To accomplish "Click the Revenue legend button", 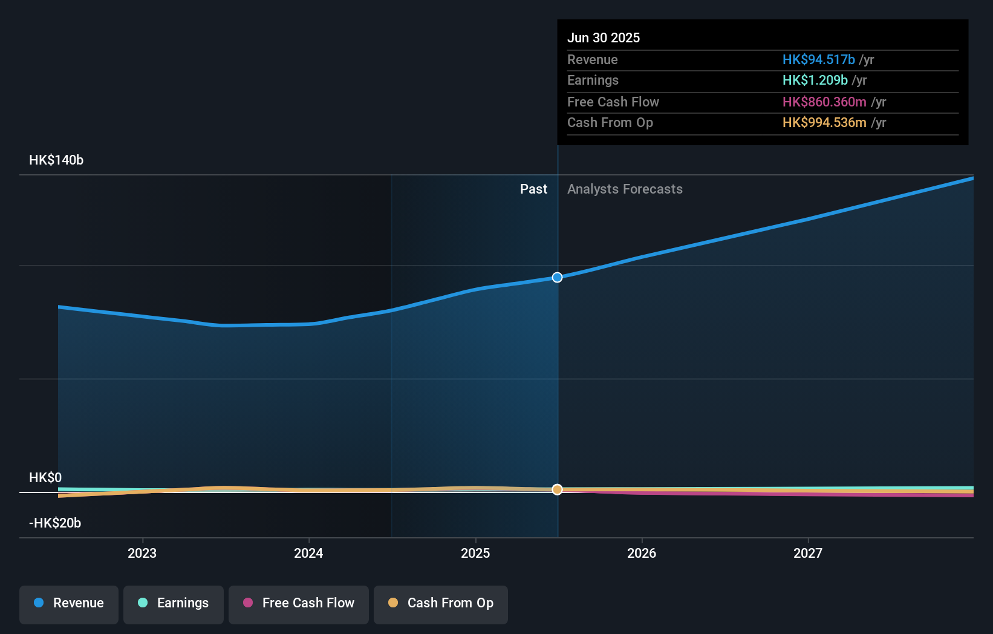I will point(69,604).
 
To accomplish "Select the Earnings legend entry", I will point(174,604).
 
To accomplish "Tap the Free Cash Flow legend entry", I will point(299,604).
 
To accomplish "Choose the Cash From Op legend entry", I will point(441,604).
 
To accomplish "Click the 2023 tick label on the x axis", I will point(142,553).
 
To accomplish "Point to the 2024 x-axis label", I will point(308,553).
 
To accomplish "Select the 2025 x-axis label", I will point(475,553).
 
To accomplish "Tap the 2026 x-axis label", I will point(642,553).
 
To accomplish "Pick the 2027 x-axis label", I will point(808,553).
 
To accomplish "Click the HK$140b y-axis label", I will point(56,160).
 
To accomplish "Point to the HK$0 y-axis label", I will point(45,478).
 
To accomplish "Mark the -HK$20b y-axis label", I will point(55,523).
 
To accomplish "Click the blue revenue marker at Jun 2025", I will point(558,278).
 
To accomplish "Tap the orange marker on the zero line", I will point(558,489).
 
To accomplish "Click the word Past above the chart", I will point(533,189).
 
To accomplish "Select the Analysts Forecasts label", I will point(625,189).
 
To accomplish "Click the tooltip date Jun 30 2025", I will point(604,38).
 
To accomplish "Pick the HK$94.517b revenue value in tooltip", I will point(818,59).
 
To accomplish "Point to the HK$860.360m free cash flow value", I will point(824,102).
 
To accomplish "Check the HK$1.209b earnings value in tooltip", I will point(815,80).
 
